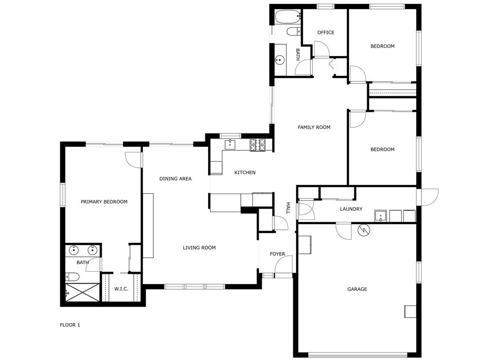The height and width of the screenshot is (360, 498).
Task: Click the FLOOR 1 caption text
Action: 70,325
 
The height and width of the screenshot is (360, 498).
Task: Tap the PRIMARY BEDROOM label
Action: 104,202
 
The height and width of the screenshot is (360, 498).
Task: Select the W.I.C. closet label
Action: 121,289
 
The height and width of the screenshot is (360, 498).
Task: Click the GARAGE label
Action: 357,289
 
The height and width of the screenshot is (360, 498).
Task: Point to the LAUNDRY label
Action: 351,209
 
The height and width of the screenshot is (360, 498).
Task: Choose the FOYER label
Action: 277,254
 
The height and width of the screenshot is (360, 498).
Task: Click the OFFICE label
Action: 326,33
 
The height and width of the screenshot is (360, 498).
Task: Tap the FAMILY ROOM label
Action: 314,127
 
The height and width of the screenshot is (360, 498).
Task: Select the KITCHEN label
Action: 245,173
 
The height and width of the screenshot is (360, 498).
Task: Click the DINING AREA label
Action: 175,179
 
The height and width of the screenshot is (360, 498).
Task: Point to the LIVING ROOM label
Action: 199,248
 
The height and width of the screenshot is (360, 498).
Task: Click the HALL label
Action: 288,208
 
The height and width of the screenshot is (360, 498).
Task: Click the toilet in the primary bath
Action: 72,276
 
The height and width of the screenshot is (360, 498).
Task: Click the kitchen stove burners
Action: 258,144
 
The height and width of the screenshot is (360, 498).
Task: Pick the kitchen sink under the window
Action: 230,144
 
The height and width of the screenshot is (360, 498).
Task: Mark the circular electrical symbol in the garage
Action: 363,230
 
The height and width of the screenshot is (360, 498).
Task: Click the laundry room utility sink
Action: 380,216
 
